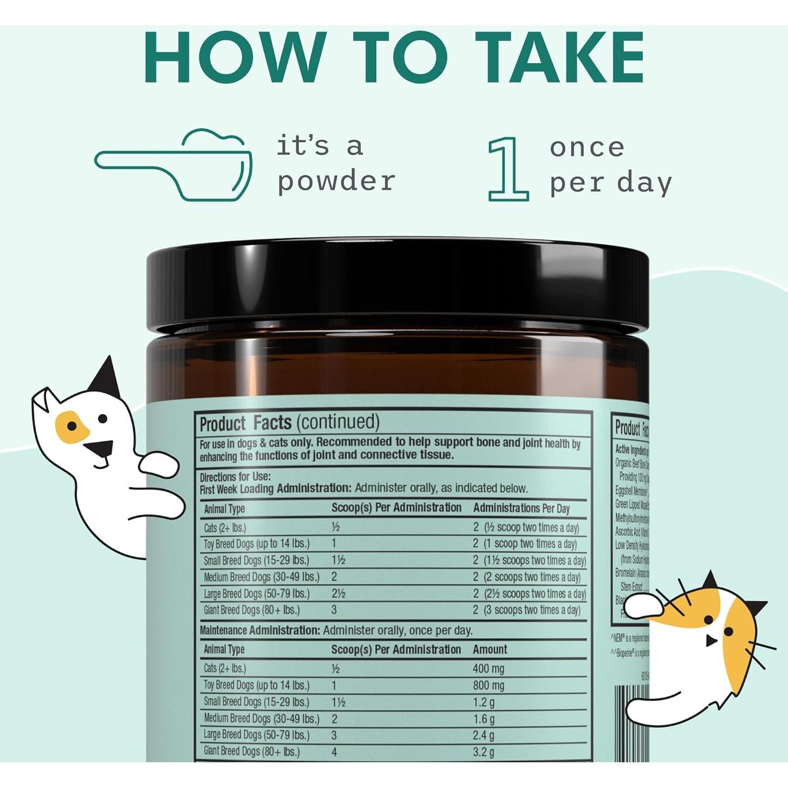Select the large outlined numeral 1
508,169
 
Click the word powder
336,182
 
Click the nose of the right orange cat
710,641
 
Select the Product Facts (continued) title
289,423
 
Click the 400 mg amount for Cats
488,669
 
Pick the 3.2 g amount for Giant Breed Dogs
483,752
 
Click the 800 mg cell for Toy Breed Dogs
488,686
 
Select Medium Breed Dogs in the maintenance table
261,719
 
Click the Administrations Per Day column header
521,509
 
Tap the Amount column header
490,649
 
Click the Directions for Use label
235,477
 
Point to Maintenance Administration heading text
260,630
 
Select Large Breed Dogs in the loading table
256,594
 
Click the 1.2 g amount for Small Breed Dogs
483,702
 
